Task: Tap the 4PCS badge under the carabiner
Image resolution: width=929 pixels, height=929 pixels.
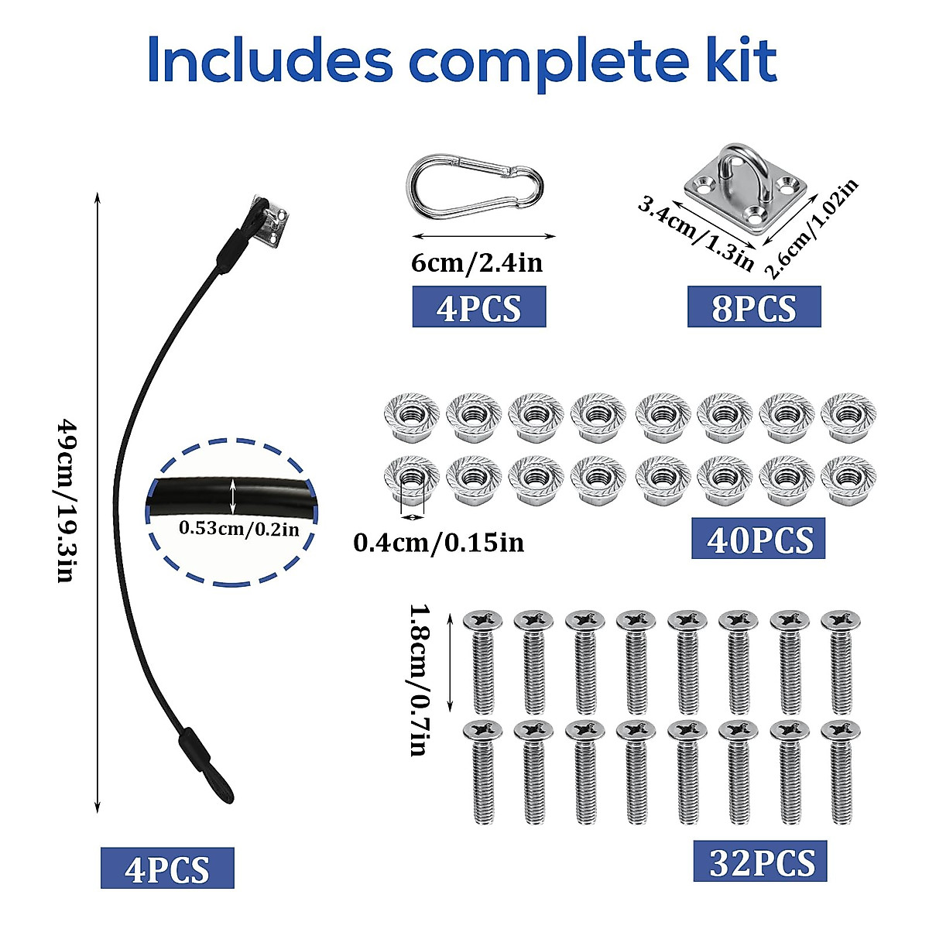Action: pos(478,307)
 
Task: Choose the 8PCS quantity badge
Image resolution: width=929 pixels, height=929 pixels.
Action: pos(753,307)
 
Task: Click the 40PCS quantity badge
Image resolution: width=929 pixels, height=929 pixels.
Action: pos(758,539)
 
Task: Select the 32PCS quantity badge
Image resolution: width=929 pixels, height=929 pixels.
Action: pos(759,861)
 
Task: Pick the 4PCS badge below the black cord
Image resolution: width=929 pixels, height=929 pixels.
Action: pos(167,867)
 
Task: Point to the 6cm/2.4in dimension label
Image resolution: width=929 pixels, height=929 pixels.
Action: pos(477,263)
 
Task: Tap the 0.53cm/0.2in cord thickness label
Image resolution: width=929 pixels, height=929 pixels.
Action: pos(238,529)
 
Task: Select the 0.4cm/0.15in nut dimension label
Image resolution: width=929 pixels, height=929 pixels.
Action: pos(438,543)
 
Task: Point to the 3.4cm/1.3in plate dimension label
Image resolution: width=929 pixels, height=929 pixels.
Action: pos(694,233)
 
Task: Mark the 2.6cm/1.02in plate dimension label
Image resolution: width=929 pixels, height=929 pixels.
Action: pos(811,228)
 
